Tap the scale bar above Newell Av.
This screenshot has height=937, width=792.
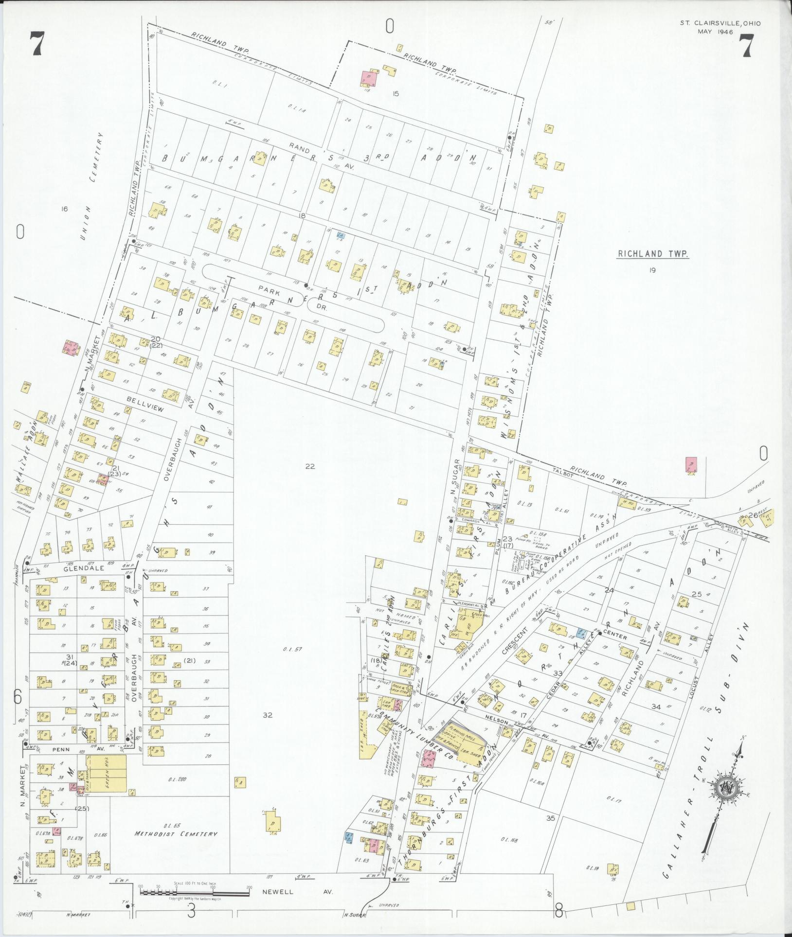[x=194, y=891]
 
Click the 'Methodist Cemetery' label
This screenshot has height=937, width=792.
[x=176, y=833]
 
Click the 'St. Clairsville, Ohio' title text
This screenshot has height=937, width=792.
[x=720, y=23]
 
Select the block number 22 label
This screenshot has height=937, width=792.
[x=310, y=466]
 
